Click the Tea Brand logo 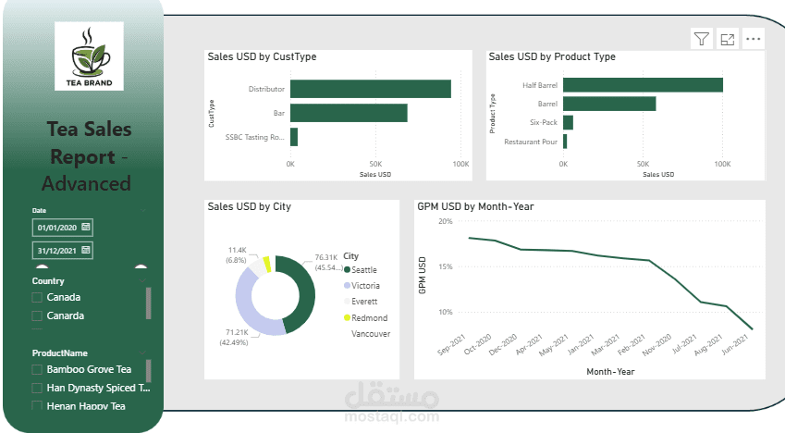(89, 56)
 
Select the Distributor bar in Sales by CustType (370, 89)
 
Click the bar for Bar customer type (349, 113)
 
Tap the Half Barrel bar (643, 85)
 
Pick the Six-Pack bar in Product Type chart (568, 122)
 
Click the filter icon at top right (702, 39)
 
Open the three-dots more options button (754, 39)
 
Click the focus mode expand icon (728, 39)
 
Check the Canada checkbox (37, 298)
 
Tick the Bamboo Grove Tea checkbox (37, 370)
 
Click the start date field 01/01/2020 (62, 227)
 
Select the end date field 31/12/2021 (62, 251)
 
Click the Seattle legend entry (365, 269)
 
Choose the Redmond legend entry (365, 317)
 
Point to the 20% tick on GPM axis (444, 221)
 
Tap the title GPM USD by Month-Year (475, 207)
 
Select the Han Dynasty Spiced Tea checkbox (37, 389)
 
